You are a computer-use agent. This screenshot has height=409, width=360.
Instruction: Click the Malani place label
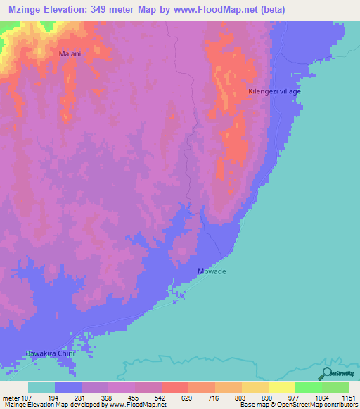click(70, 53)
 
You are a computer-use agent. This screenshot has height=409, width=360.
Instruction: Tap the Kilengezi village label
click(274, 92)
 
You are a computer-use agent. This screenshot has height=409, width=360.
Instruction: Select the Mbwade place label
click(212, 271)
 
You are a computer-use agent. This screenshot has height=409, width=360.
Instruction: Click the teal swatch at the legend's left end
click(41, 387)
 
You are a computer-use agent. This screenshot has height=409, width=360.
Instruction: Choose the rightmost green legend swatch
click(335, 387)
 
